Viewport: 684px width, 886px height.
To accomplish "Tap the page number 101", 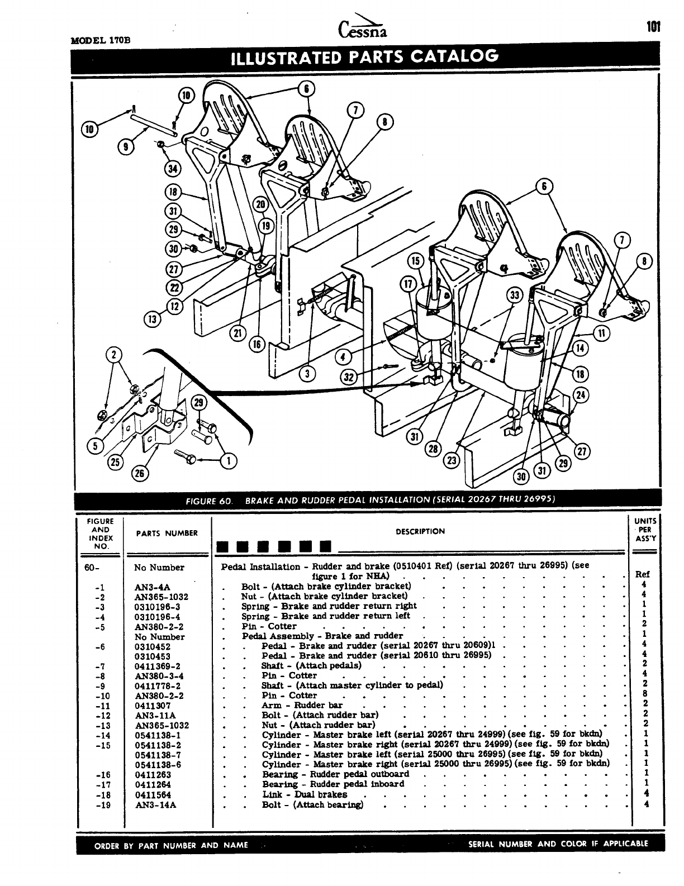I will coord(653,27).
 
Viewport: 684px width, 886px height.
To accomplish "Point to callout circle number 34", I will coord(173,168).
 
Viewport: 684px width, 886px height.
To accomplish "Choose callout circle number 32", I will coord(349,378).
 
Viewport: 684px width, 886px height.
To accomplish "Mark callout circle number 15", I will coord(415,260).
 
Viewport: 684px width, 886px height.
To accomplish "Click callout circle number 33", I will coord(515,297).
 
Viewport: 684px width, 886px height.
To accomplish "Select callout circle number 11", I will coord(602,334).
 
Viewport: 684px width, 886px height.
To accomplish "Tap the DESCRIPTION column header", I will coord(420,532).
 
